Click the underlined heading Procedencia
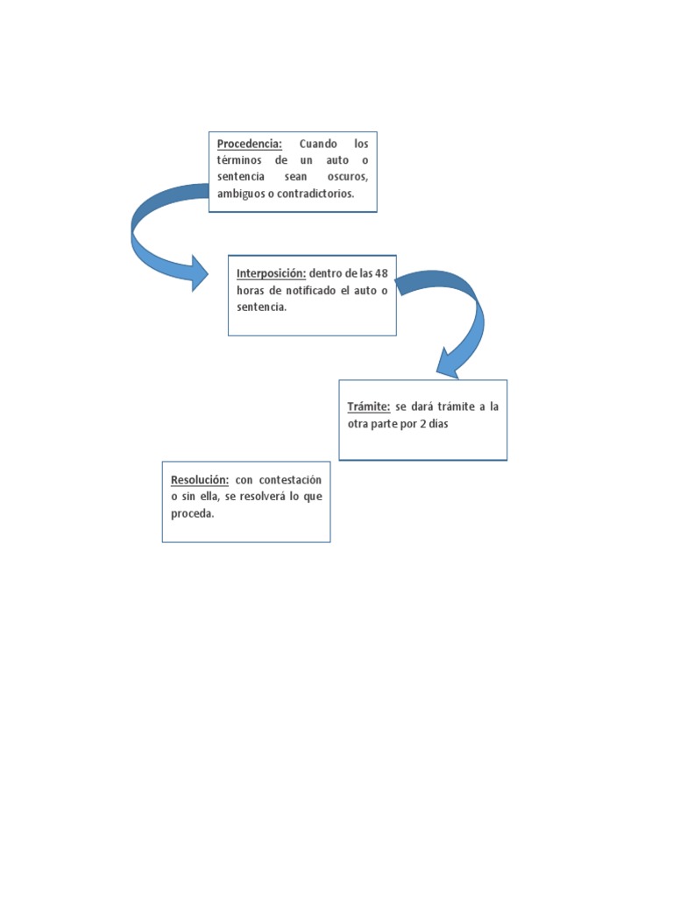click(249, 143)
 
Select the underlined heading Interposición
click(271, 272)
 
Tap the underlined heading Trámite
click(368, 406)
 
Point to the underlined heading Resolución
click(200, 480)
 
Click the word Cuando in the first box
click(318, 143)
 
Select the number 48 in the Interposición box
click(380, 272)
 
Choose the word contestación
click(290, 480)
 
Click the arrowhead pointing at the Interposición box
click(199, 272)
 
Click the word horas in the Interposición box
click(251, 290)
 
